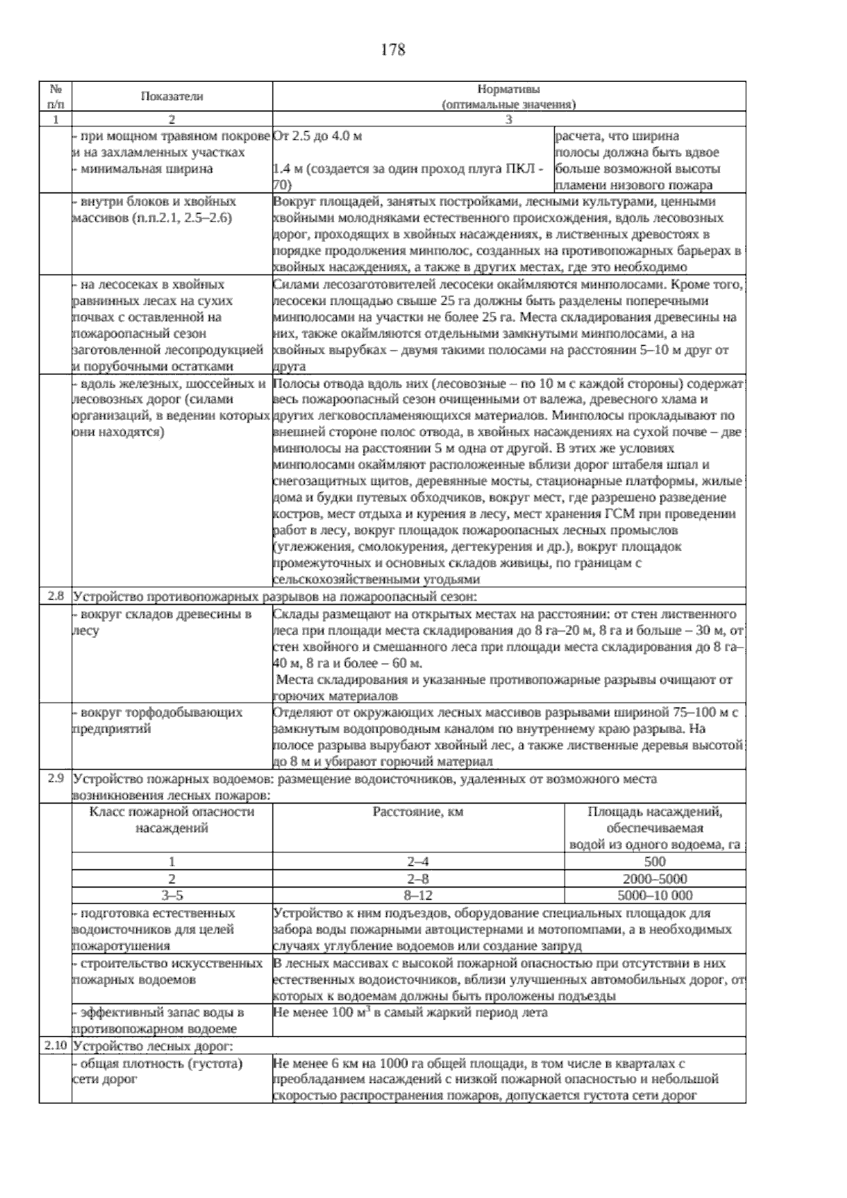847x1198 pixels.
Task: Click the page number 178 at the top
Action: [392, 50]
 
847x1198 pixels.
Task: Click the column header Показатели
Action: [172, 97]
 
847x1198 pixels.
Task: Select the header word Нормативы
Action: [509, 90]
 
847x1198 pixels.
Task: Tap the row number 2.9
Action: [56, 780]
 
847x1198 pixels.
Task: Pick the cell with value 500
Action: [654, 861]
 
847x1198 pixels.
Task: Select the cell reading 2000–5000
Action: [654, 878]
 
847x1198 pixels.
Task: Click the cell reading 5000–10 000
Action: [654, 895]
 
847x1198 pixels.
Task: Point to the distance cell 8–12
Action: [418, 895]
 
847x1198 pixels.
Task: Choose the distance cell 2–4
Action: [418, 861]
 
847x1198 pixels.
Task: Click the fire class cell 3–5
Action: [172, 895]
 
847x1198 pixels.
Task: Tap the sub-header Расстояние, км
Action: [418, 812]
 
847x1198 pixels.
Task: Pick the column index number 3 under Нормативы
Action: [509, 119]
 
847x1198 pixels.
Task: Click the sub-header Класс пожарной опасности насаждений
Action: [172, 820]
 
